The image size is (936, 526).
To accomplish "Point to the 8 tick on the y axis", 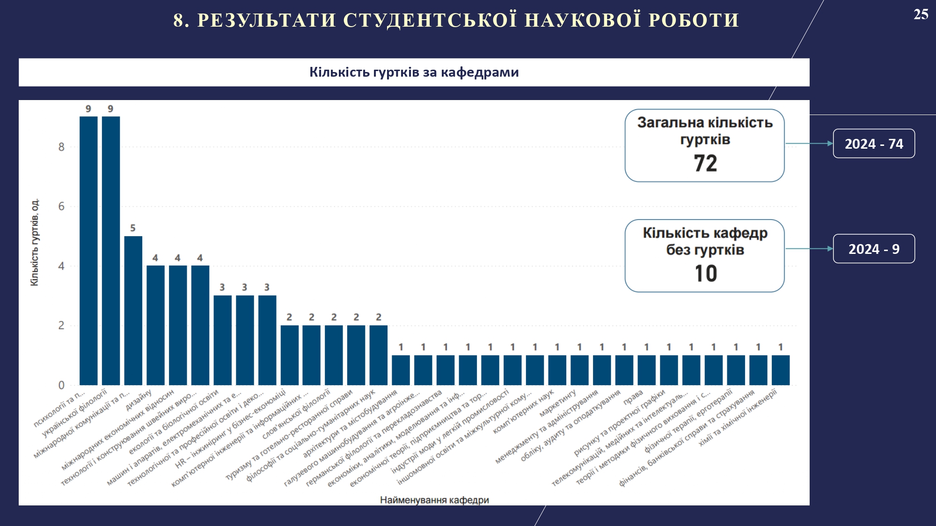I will [61, 147].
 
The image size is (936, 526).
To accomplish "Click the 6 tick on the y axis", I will [61, 207].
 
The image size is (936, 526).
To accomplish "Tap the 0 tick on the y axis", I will [61, 385].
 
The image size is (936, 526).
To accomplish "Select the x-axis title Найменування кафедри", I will [434, 500].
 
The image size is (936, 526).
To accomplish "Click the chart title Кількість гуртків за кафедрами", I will [414, 72].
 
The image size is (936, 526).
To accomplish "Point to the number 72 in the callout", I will [705, 163].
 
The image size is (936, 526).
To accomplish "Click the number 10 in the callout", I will [705, 274].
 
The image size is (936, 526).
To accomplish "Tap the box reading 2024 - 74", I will [874, 144].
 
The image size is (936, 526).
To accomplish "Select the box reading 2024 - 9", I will [874, 249].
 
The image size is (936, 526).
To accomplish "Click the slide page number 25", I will [921, 14].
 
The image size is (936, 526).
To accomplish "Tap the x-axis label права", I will [634, 397].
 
